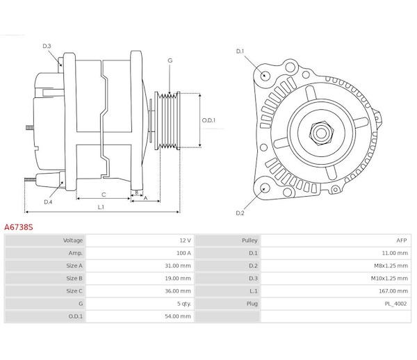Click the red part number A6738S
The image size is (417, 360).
point(19,227)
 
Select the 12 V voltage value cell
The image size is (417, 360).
point(184,240)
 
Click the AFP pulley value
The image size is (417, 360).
point(401,240)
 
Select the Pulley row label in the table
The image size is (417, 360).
point(250,240)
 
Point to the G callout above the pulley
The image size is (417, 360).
point(170,61)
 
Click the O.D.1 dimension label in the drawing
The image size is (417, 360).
point(208,120)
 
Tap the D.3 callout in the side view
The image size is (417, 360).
point(47,46)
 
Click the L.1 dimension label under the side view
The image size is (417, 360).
point(101,206)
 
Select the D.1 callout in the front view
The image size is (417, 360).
point(240,51)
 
